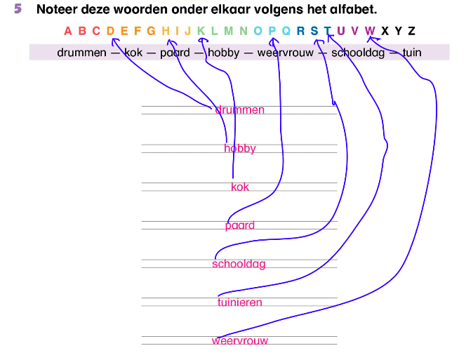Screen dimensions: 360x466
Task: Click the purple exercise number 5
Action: click(18, 11)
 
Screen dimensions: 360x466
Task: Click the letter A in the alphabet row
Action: click(68, 31)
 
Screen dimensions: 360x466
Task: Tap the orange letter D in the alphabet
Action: click(110, 31)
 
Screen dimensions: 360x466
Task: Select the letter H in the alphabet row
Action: click(166, 31)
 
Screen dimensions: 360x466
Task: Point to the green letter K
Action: click(201, 31)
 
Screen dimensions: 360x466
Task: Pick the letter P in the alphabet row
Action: click(272, 31)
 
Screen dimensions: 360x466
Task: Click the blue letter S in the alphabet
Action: click(314, 31)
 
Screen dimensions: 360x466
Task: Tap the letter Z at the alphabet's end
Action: click(411, 31)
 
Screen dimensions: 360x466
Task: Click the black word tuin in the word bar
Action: click(412, 53)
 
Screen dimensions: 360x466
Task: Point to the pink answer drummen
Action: click(240, 110)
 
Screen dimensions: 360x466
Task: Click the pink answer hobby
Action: click(240, 149)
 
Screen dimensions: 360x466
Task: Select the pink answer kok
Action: click(240, 187)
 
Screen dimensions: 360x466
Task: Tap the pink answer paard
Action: click(240, 226)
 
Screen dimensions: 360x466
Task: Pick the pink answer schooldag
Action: click(239, 265)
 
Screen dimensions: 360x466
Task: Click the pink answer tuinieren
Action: click(240, 303)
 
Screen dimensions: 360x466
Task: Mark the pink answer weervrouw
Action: click(240, 342)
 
